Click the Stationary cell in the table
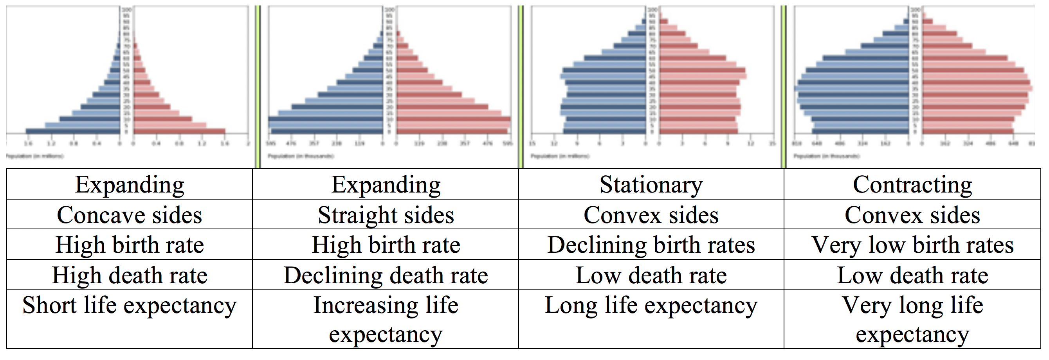(x=651, y=184)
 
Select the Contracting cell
(x=912, y=184)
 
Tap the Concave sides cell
(x=130, y=214)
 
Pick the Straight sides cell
(x=386, y=214)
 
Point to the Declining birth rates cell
(x=651, y=245)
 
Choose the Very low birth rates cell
(x=912, y=245)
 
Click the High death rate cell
(x=130, y=275)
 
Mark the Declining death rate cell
(x=386, y=275)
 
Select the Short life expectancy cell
(x=130, y=306)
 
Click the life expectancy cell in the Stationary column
(x=651, y=306)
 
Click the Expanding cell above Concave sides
(x=130, y=184)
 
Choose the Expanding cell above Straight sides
(x=386, y=184)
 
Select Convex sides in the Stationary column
(x=651, y=214)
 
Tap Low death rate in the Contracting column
(x=912, y=275)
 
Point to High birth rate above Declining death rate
(x=386, y=245)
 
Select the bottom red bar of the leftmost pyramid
(x=179, y=131)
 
